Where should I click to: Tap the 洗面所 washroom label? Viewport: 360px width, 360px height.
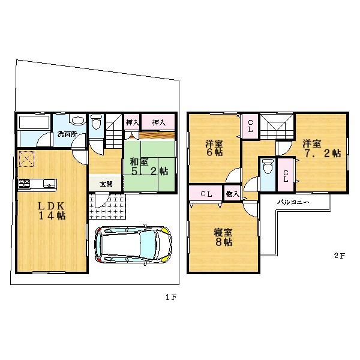[x=67, y=134]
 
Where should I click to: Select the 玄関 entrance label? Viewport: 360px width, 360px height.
[x=106, y=184]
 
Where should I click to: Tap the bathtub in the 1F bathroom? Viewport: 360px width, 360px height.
[x=34, y=123]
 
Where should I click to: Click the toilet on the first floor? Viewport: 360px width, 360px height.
[x=97, y=123]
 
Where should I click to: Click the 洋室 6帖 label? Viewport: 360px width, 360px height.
[x=214, y=148]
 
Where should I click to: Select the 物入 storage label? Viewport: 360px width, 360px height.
[x=232, y=194]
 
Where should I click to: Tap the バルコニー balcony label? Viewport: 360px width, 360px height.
[x=292, y=203]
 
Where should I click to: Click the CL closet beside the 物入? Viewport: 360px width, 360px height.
[x=206, y=194]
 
